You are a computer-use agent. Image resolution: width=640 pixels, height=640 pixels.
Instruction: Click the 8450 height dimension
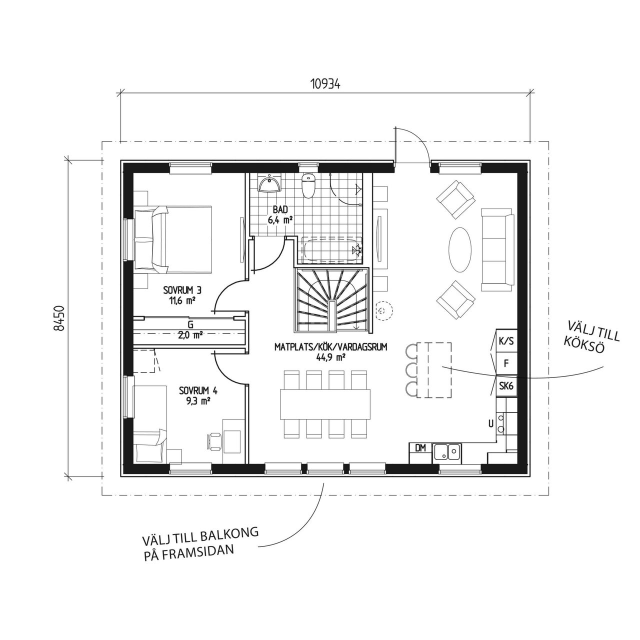[58, 318]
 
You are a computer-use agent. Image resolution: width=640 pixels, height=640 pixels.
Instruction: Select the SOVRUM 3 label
[182, 291]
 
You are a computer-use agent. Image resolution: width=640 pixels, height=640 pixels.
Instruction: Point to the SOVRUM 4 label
[198, 390]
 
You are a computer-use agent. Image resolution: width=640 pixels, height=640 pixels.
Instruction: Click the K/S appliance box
[506, 341]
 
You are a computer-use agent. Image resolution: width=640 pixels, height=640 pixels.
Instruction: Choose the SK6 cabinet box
[506, 386]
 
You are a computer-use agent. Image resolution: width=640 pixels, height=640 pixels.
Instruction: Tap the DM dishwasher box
[420, 448]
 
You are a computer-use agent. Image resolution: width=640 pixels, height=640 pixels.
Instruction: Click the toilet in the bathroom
[308, 186]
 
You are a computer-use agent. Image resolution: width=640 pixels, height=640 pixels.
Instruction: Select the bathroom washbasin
[269, 184]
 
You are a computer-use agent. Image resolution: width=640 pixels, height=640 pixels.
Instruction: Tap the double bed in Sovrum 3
[172, 239]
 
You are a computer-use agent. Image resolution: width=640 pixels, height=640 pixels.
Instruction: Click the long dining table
[325, 404]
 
